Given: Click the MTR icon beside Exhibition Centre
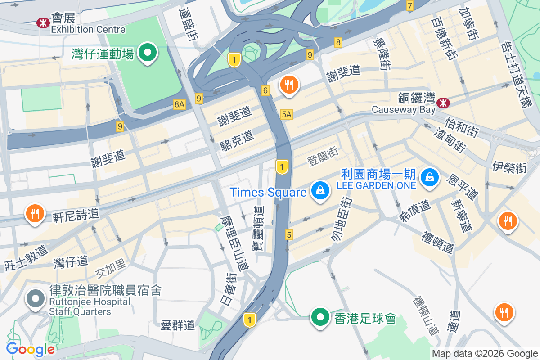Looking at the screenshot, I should point(43,22).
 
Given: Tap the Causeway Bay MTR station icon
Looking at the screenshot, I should point(444,103).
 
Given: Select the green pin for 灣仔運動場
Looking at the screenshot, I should point(147,53).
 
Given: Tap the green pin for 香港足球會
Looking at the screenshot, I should point(320,318).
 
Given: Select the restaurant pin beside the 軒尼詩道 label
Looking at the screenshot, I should point(35,213).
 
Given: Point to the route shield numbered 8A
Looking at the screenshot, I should point(179,104).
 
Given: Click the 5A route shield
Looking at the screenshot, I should point(286,114).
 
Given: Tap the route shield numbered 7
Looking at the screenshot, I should point(409,6).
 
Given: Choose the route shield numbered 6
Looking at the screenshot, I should point(265,90).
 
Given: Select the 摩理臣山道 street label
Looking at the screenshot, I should point(234,243).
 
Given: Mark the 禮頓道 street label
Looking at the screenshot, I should point(438,242).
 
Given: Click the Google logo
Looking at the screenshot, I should point(30,349).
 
